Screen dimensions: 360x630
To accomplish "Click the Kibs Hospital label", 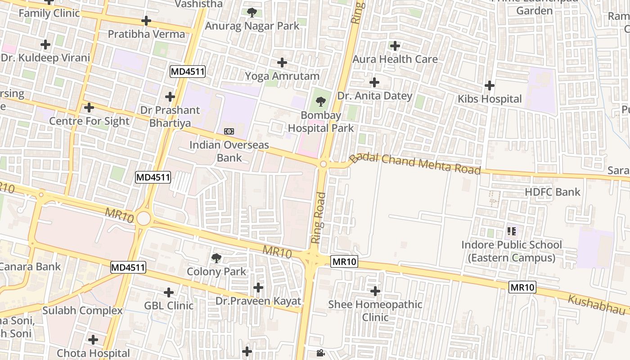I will [490, 99].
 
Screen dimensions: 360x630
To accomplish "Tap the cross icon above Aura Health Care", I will [395, 46].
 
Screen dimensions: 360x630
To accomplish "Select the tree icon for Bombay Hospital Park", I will [320, 102].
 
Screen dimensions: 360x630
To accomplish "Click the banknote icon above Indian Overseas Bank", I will [229, 131].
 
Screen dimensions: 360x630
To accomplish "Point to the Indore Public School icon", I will [511, 232].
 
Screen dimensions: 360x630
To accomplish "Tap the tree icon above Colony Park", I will [216, 258].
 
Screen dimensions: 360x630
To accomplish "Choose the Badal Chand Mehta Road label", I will [415, 163].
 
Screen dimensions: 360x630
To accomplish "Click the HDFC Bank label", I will [553, 192].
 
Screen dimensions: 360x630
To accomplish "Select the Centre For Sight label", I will [89, 121].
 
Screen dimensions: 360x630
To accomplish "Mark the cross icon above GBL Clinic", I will [169, 292].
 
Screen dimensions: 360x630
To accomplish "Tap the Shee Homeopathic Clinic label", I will [375, 311].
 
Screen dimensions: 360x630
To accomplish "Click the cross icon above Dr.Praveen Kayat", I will [258, 287].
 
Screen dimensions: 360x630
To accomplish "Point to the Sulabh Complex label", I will [82, 310].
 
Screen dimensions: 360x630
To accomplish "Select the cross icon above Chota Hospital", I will [93, 339].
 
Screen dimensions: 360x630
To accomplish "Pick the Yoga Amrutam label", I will [282, 76].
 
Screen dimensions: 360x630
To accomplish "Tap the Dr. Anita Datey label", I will [374, 96].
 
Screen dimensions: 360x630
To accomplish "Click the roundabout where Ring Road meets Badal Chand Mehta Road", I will [323, 164].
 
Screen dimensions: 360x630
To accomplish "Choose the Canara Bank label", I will [30, 266].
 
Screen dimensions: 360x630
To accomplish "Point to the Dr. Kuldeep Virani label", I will [45, 58].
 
